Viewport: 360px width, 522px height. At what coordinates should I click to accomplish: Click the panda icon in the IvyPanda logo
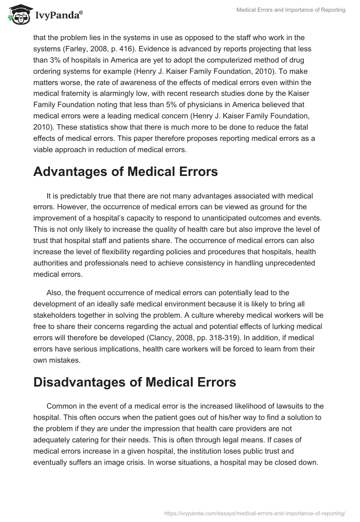click(18, 15)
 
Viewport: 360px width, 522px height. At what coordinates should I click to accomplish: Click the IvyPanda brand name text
click(58, 16)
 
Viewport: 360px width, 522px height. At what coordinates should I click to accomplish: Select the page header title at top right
click(291, 10)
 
